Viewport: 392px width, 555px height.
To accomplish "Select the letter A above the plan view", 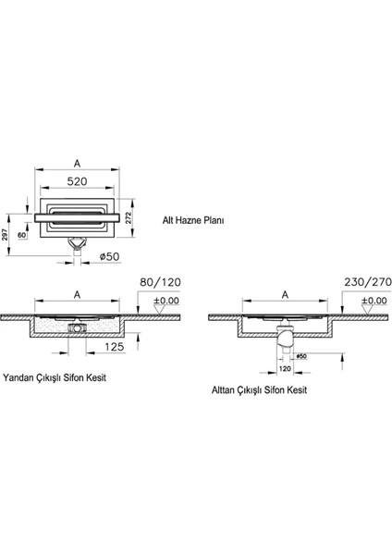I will pyautogui.click(x=77, y=164).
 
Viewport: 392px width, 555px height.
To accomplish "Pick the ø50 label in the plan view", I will pyautogui.click(x=110, y=256).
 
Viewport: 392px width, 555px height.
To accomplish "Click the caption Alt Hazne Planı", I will pyautogui.click(x=195, y=221).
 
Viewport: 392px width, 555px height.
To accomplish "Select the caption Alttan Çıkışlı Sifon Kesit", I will pyautogui.click(x=260, y=390).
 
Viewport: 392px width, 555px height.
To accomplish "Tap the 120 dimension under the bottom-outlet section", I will pyautogui.click(x=286, y=368).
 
